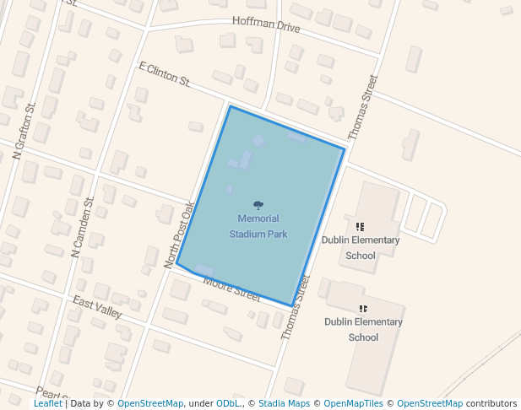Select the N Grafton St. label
(x=24, y=131)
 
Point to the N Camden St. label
(x=83, y=227)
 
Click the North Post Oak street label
(x=180, y=235)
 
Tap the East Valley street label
(x=97, y=307)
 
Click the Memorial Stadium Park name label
(x=258, y=226)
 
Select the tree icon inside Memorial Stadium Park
(x=258, y=205)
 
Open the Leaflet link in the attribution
(x=47, y=404)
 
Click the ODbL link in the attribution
(x=229, y=404)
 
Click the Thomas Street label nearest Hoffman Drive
(x=363, y=107)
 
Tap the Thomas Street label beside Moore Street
(x=296, y=307)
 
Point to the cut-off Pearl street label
(x=51, y=394)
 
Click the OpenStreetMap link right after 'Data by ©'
(x=150, y=404)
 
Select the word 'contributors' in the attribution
(x=491, y=404)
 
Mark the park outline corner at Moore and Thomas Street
(x=292, y=305)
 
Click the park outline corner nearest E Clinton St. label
(x=230, y=106)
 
